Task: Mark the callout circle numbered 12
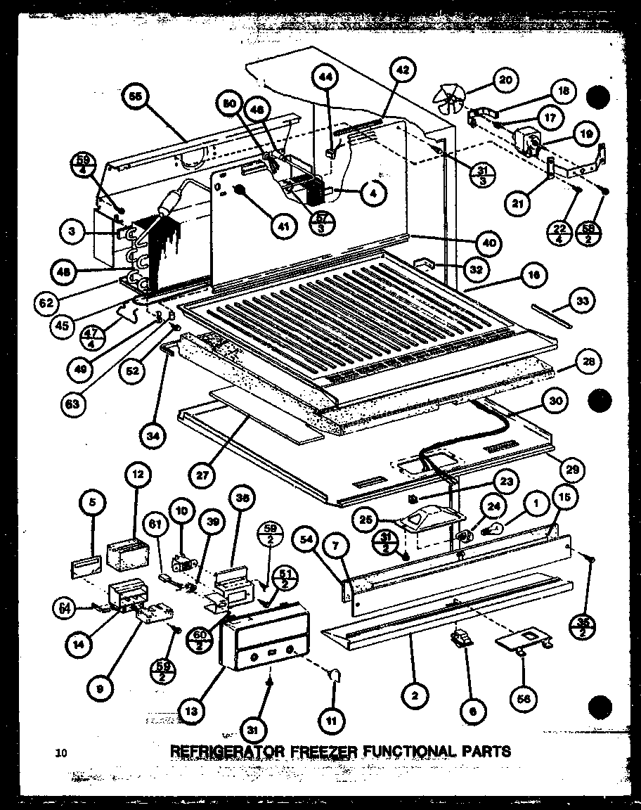point(138,475)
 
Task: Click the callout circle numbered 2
point(416,697)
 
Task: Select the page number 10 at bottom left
point(62,754)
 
